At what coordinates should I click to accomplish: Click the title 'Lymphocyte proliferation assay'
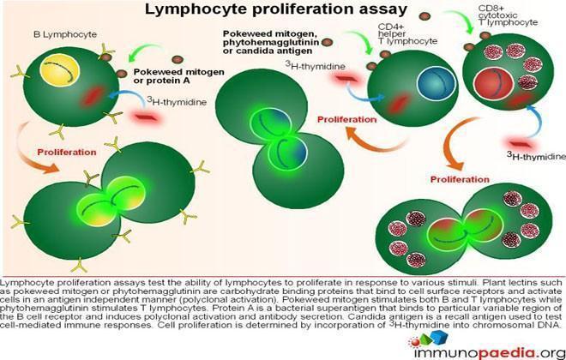coord(276,9)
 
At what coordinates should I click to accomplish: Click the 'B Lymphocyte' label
coord(65,34)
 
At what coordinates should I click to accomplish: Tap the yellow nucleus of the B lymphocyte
coord(59,70)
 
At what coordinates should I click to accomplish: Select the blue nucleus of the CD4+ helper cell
coord(436,84)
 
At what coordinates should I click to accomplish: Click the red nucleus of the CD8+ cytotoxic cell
coord(493,84)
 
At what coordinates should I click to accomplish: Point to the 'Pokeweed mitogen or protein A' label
coord(178,75)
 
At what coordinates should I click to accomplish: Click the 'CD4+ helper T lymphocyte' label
coord(407,34)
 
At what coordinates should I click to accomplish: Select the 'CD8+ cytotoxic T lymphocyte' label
coord(508,15)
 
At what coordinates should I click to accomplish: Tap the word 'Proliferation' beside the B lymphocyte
coord(67,153)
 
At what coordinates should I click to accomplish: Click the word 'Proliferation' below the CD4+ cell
coord(347,119)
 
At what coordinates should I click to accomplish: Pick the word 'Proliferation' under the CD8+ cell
coord(460,179)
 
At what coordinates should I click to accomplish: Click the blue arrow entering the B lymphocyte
coord(128,93)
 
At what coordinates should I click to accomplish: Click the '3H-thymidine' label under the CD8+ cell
coord(536,156)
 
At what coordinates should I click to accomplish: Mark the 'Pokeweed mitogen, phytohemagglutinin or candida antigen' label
coord(271,42)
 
